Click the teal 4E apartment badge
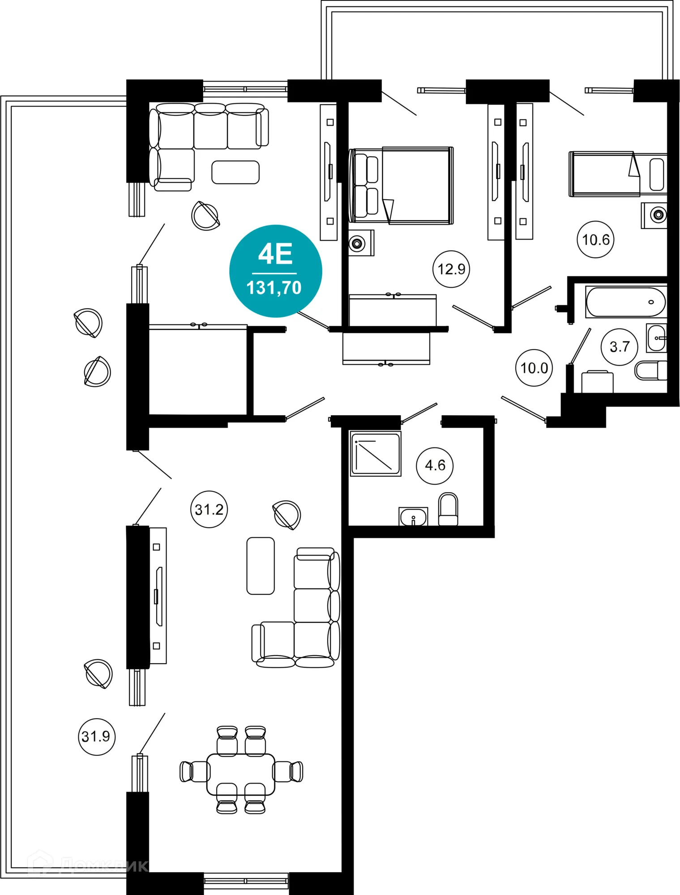click(x=275, y=271)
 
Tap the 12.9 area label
click(x=451, y=269)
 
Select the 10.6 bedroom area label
click(x=595, y=240)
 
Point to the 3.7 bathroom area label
click(x=620, y=347)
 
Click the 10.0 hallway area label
click(x=534, y=368)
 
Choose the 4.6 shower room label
click(x=435, y=465)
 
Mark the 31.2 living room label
click(x=209, y=509)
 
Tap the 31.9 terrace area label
click(x=96, y=737)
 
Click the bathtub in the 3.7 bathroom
click(x=626, y=303)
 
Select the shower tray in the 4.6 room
click(x=375, y=453)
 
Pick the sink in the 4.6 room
click(x=413, y=516)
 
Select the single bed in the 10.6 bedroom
click(x=604, y=174)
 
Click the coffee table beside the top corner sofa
click(x=235, y=172)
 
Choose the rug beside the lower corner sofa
click(x=261, y=566)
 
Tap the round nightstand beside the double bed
click(x=357, y=243)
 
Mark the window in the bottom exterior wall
click(x=246, y=881)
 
